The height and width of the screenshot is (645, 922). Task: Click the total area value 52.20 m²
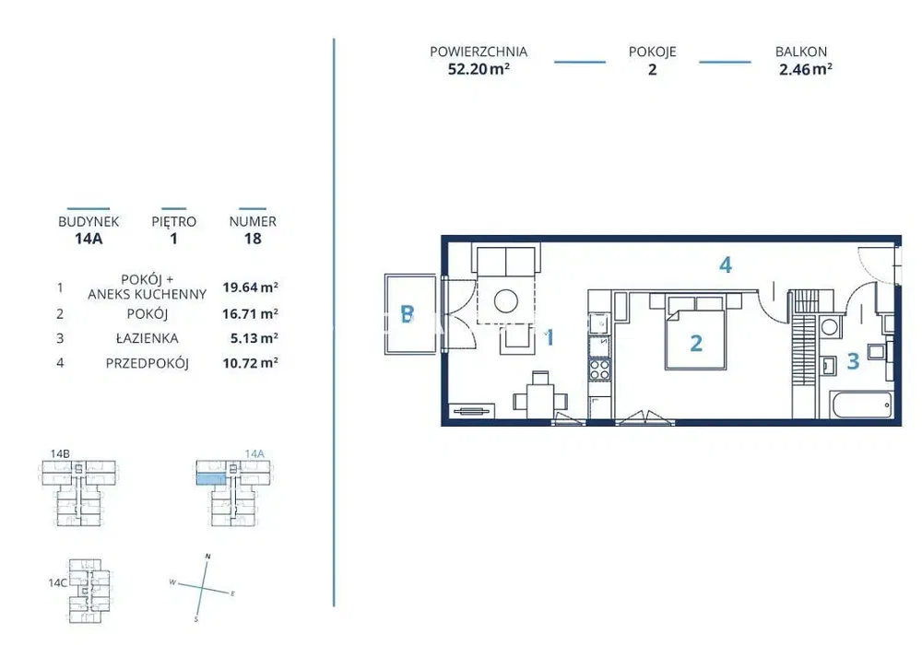(479, 69)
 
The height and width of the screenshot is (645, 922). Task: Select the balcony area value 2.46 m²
(806, 69)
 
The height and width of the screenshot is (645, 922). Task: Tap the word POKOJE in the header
(652, 52)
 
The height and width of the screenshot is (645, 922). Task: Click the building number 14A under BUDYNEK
(89, 239)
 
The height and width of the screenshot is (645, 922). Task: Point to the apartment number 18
(253, 239)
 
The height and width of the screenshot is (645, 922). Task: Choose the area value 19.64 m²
(250, 287)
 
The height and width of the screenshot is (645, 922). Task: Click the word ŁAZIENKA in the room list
(147, 338)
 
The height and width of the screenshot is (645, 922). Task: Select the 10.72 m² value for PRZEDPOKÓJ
(250, 363)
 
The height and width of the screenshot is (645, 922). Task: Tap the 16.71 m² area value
(250, 313)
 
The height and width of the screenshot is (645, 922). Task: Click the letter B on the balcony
(407, 314)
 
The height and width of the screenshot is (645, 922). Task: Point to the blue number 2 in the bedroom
(696, 343)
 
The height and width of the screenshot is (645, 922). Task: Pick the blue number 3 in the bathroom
(853, 360)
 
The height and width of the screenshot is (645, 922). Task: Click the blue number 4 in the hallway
(726, 265)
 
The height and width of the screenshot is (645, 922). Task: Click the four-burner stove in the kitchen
(600, 369)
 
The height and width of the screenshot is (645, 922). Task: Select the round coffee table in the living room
(505, 302)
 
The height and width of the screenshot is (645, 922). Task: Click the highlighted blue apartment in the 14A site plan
(210, 479)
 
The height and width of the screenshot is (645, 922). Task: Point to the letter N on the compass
(207, 557)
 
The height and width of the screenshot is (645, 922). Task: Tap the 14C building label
(57, 582)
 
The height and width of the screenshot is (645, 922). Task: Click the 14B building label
(60, 453)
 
